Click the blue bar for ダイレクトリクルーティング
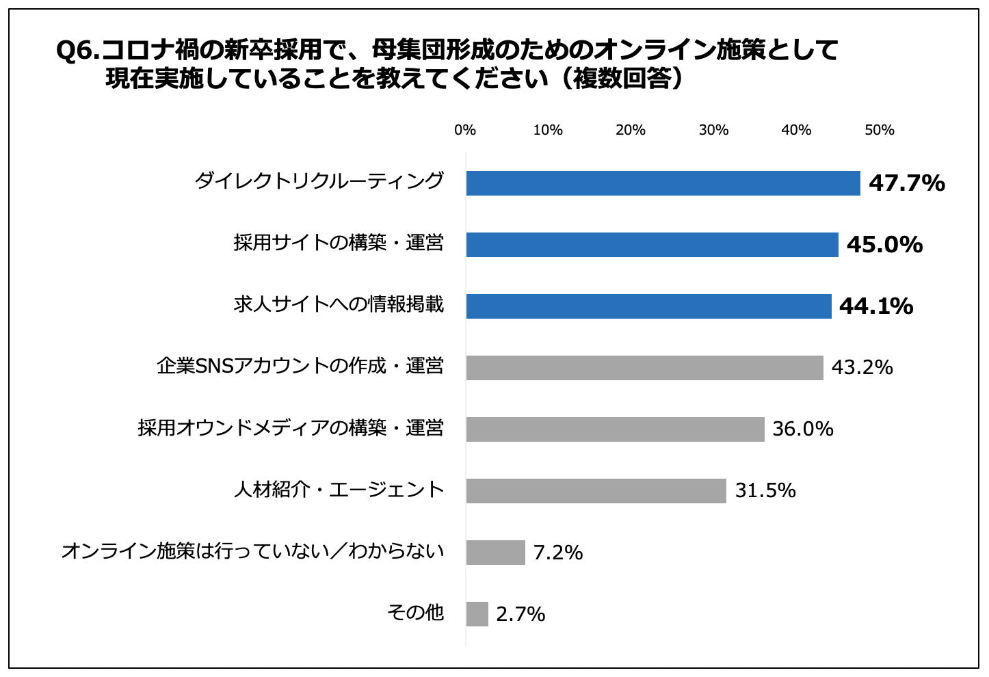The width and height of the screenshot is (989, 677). coord(663,183)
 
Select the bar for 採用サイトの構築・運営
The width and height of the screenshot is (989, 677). coord(652,245)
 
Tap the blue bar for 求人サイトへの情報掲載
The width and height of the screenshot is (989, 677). coord(648,306)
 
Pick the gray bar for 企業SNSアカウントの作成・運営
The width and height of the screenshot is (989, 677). coord(644,368)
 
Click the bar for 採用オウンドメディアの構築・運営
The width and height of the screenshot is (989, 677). coord(615,429)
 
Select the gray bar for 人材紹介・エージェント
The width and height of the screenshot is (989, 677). coord(596,491)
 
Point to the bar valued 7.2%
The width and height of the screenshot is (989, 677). coord(495,553)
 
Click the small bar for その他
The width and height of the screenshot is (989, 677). coord(477,614)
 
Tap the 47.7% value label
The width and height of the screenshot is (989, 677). coord(906,183)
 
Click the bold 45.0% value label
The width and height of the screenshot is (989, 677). coord(884,245)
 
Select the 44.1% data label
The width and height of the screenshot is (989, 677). coord(875,306)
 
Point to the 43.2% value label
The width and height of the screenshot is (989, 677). coord(862,368)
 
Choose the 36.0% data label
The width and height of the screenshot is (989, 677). coord(802,429)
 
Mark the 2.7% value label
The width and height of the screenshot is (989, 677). coord(520,614)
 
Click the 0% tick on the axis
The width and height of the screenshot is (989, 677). coord(465,130)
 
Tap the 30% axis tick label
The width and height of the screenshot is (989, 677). coord(713,130)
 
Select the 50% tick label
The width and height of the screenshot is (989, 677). coord(879,130)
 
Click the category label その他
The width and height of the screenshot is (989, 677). coord(415,613)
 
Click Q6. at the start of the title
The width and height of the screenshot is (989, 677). coord(77,51)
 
